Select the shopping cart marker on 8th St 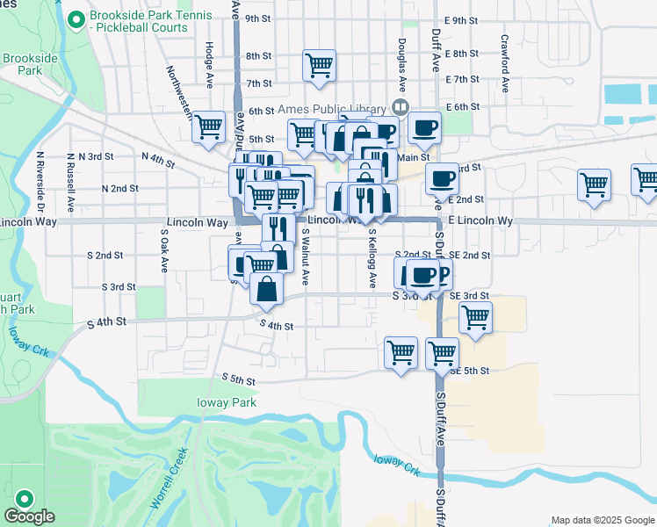(319, 64)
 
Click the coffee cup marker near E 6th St (424, 127)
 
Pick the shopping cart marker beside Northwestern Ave (209, 126)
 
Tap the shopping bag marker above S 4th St (266, 288)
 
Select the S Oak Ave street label (163, 250)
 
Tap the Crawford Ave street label (505, 63)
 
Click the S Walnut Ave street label (305, 257)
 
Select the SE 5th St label (469, 371)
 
